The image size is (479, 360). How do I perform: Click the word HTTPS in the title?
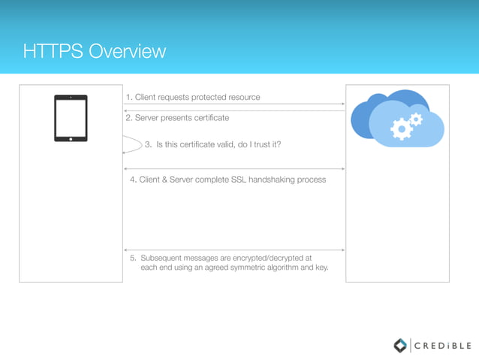tap(53, 52)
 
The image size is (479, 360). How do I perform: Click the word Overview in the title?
tap(127, 52)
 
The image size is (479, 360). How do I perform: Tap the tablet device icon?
tap(71, 118)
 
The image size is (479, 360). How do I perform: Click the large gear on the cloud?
tap(402, 130)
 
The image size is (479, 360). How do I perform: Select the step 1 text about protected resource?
tap(193, 97)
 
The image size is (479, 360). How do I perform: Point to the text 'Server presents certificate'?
tap(177, 118)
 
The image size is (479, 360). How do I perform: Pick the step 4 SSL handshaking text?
tap(227, 180)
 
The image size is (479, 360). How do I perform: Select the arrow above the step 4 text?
tap(234, 169)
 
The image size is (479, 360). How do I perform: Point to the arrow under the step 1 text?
tap(234, 104)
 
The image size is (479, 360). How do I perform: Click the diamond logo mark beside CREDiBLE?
tap(401, 346)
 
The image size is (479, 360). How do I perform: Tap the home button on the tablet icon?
tap(71, 138)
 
